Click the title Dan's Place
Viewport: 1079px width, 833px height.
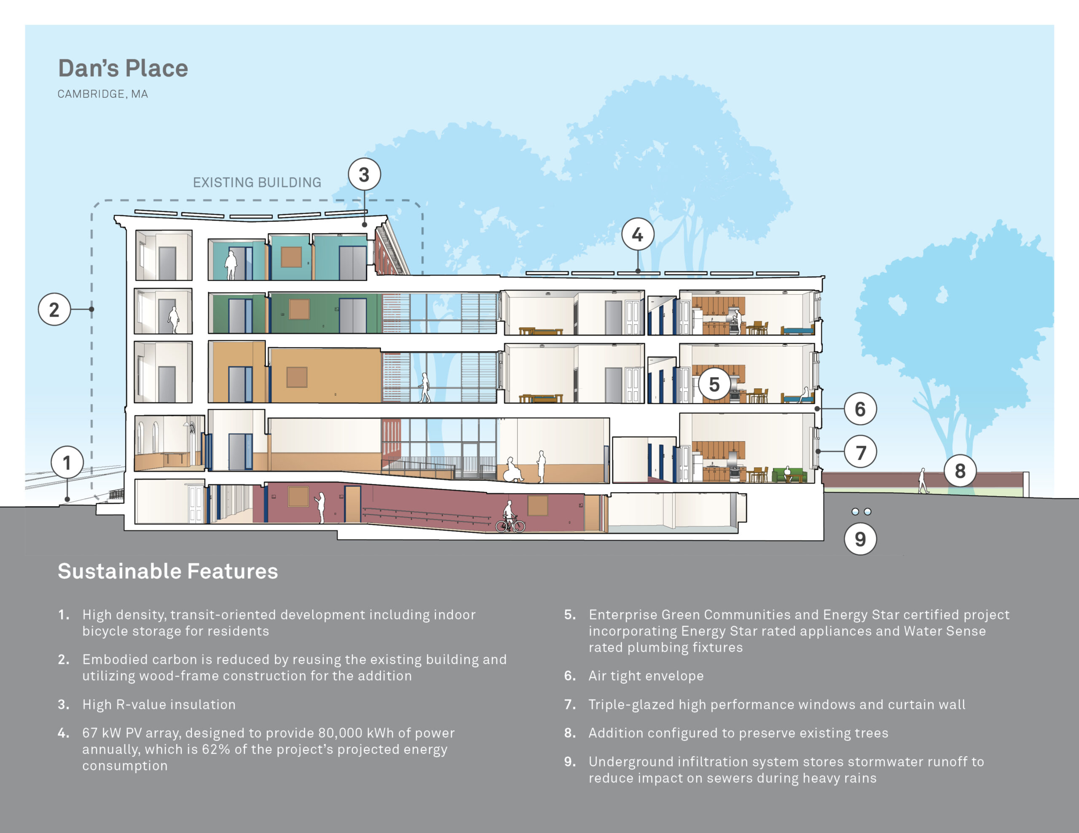[123, 68]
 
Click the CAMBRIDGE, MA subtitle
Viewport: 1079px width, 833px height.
[103, 94]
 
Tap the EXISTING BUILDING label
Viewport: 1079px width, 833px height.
[257, 183]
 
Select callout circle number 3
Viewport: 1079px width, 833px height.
[364, 174]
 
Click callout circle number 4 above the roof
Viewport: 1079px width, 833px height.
[637, 235]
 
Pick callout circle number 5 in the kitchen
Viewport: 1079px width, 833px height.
[714, 384]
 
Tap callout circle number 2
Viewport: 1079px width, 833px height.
[54, 309]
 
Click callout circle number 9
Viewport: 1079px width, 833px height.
[860, 539]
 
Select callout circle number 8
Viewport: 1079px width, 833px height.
[960, 470]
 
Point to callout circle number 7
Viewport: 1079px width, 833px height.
[860, 452]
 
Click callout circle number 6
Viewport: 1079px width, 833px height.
[860, 409]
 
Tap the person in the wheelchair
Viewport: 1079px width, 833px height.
[513, 470]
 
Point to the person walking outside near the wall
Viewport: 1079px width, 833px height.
[922, 481]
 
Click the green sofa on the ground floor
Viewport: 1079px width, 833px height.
[789, 475]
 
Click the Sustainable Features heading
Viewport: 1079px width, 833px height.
[168, 571]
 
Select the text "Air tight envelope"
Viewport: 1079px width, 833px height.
[646, 675]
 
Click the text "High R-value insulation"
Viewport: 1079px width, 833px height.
[159, 704]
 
